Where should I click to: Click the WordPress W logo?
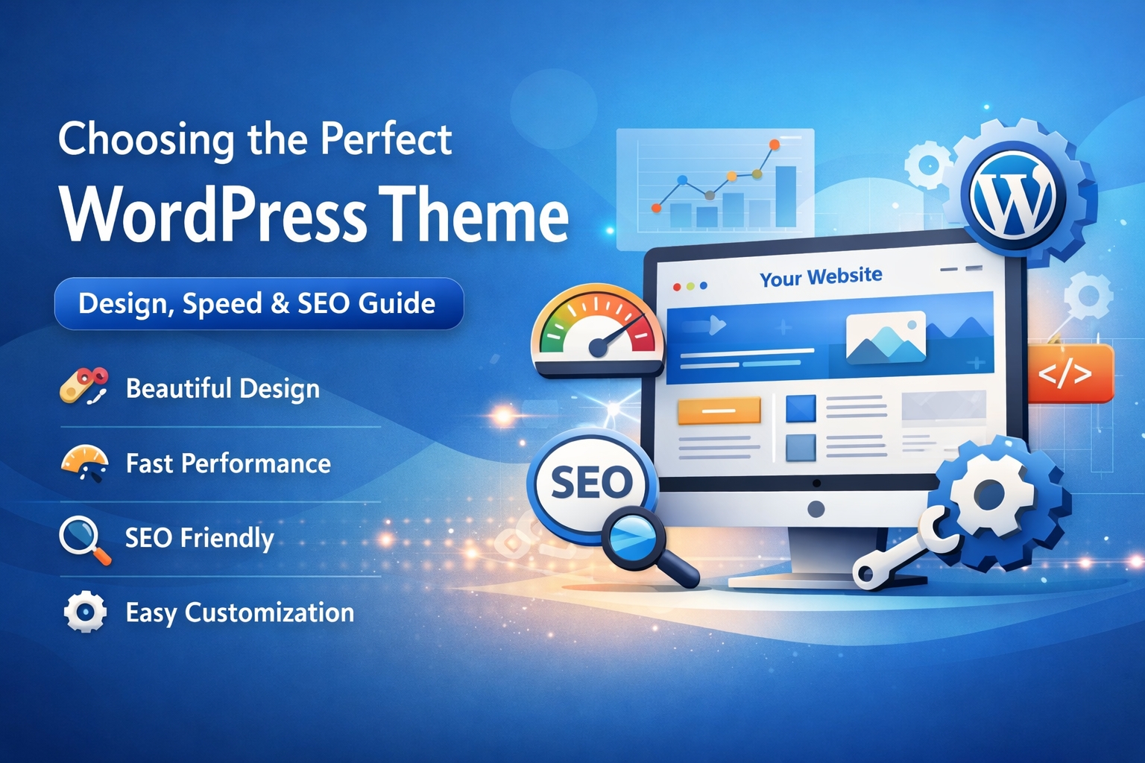[x=1012, y=194]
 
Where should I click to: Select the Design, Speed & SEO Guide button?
[x=259, y=303]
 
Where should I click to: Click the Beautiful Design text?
[x=222, y=388]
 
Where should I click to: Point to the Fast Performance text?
[x=228, y=463]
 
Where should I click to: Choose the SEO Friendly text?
[x=199, y=538]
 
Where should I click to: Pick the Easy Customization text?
[x=239, y=612]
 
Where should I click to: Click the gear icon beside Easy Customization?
[x=85, y=612]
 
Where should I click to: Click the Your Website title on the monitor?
[x=821, y=276]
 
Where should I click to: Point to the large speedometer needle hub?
[x=598, y=347]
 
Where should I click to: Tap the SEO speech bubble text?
[x=591, y=483]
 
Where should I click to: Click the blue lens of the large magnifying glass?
[x=631, y=534]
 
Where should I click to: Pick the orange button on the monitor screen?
[x=718, y=411]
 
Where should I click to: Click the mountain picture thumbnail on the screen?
[x=886, y=338]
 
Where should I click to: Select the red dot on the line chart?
[x=656, y=208]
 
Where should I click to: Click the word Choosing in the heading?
[x=146, y=139]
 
